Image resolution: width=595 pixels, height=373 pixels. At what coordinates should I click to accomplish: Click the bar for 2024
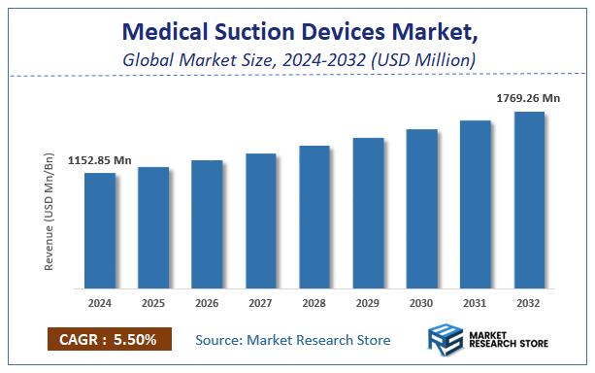[x=99, y=231]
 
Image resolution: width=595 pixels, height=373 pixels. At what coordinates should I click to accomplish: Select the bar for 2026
[x=207, y=224]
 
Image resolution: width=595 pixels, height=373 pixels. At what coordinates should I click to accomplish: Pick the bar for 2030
[x=421, y=209]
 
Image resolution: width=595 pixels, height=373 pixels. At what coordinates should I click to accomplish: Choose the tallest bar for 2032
[x=529, y=200]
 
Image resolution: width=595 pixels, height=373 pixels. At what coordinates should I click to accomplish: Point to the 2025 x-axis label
[x=153, y=303]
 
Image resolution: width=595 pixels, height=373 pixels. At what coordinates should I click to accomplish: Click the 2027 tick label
[x=261, y=303]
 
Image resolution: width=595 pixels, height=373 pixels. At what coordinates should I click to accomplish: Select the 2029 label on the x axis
[x=368, y=303]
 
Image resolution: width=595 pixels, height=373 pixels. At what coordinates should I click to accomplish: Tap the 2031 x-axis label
[x=476, y=303]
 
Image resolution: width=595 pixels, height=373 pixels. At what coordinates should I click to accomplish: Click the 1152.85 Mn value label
[x=100, y=160]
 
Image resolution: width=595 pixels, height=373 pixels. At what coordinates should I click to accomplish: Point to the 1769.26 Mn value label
[x=528, y=97]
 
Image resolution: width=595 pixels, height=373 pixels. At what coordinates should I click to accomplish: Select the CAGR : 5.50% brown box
[x=109, y=340]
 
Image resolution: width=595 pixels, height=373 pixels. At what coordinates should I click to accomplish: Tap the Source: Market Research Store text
[x=292, y=340]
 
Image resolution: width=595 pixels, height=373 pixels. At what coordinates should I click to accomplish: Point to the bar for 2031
[x=476, y=204]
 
